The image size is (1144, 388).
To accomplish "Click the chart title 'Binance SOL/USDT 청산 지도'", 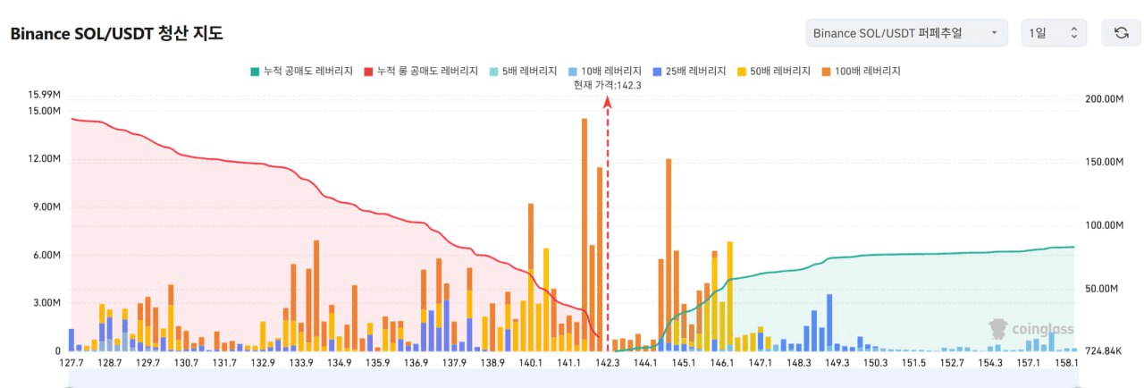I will pos(116,34).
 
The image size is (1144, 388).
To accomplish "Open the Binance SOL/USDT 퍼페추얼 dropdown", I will pos(905,33).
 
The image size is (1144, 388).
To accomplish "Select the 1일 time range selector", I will pos(1054,33).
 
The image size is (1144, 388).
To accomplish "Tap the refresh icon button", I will pos(1121,33).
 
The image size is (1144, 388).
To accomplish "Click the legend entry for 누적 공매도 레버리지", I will pos(302,70).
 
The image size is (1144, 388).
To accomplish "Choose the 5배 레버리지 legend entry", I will pos(525,70).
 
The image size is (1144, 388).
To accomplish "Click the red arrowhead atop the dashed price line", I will pos(608,101).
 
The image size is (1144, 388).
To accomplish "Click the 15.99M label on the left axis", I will pos(44,95).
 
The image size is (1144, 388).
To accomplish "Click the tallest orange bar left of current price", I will pos(585,232).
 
